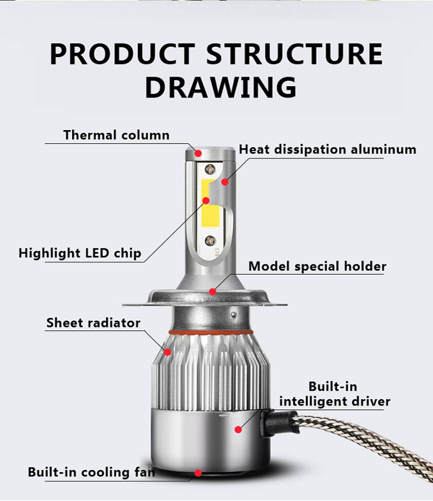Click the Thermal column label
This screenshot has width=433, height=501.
pyautogui.click(x=116, y=135)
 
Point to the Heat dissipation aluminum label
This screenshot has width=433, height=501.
pyautogui.click(x=328, y=150)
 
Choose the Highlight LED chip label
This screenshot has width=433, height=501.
pyautogui.click(x=80, y=253)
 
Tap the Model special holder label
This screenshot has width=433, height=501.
pyautogui.click(x=317, y=266)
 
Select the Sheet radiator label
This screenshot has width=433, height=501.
pyautogui.click(x=93, y=322)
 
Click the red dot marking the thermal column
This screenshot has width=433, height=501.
pyautogui.click(x=198, y=153)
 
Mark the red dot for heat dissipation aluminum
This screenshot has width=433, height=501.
pyautogui.click(x=224, y=181)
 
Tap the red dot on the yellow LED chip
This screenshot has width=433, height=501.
pyautogui.click(x=206, y=200)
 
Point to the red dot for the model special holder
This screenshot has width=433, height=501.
pyautogui.click(x=213, y=291)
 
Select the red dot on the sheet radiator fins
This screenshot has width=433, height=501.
pyautogui.click(x=167, y=352)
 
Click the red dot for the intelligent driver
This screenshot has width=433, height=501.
pyautogui.click(x=237, y=429)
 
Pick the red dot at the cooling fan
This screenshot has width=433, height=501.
pyautogui.click(x=197, y=474)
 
